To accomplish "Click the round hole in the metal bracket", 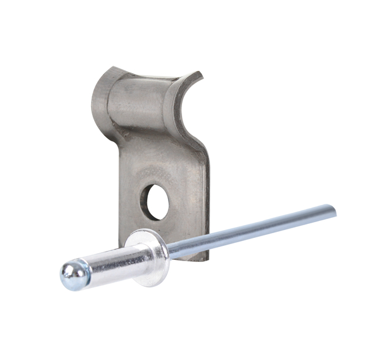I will (x=155, y=202).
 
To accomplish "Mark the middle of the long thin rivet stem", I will (x=250, y=230).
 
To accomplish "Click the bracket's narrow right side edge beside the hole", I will (x=205, y=201).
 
